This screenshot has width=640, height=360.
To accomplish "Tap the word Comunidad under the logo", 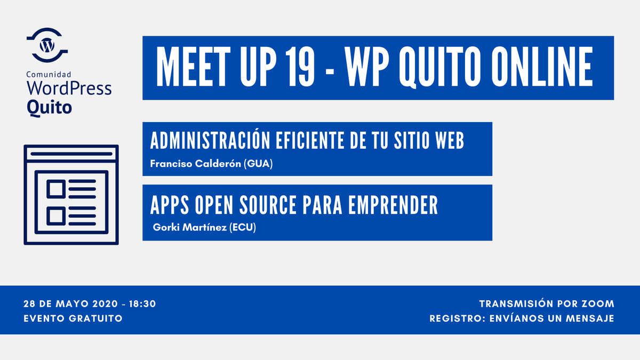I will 49,76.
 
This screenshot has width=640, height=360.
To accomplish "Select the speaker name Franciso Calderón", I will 195,164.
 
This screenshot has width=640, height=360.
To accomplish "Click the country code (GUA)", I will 258,164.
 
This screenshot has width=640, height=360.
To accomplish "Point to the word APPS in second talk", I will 170,204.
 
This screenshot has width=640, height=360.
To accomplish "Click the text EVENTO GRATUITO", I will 73,318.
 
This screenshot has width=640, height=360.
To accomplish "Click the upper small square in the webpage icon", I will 56,188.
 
